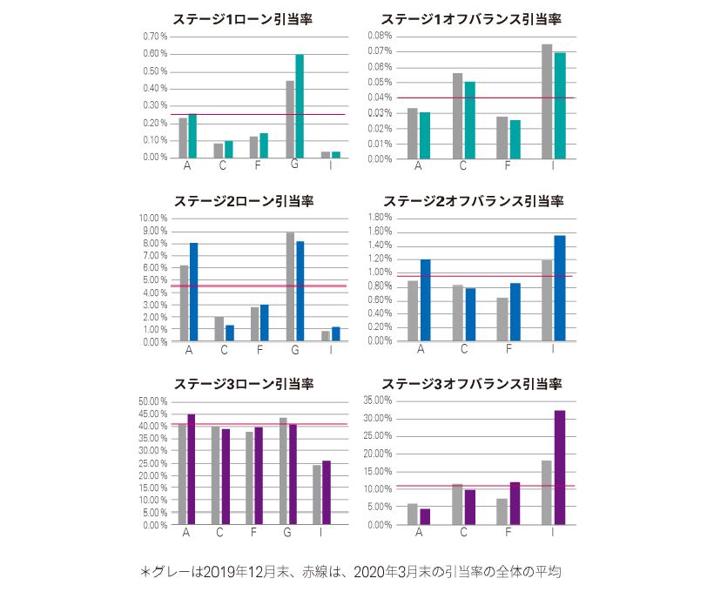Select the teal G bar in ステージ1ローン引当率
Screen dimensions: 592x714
pyautogui.click(x=300, y=105)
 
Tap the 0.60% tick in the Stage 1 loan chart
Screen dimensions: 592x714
pyautogui.click(x=154, y=54)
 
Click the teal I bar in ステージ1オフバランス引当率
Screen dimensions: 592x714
pyautogui.click(x=560, y=105)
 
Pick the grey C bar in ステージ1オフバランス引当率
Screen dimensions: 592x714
pyautogui.click(x=458, y=116)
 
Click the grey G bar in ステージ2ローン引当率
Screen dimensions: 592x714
pyautogui.click(x=290, y=286)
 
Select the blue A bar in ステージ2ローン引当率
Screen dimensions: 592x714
pyautogui.click(x=193, y=292)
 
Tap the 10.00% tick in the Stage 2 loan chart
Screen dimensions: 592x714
pyautogui.click(x=152, y=219)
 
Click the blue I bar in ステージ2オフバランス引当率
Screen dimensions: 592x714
pyautogui.click(x=560, y=288)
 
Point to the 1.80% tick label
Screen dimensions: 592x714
pyautogui.click(x=380, y=218)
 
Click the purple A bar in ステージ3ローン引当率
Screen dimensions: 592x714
pyautogui.click(x=192, y=469)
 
